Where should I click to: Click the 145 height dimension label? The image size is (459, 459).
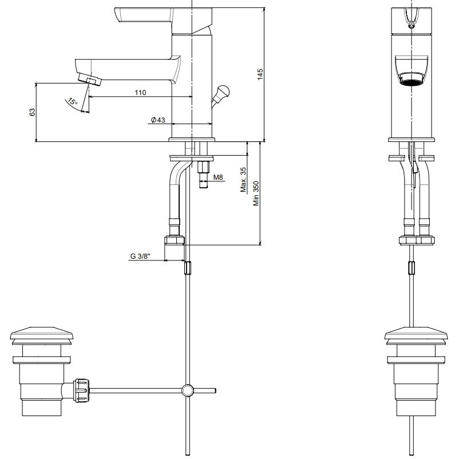[x=260, y=74]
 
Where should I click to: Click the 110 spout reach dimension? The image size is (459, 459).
[x=140, y=93]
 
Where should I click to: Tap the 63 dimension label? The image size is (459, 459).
[x=32, y=112]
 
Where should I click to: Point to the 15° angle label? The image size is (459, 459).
[x=72, y=102]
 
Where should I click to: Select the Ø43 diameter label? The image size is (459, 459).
[x=158, y=120]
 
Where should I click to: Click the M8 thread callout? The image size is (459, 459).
[x=218, y=177]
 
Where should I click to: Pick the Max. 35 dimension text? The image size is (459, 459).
[x=243, y=180]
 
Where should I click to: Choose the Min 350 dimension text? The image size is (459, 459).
[x=256, y=193]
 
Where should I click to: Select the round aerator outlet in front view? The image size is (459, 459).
[x=411, y=79]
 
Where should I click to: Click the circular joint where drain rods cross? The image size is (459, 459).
[x=187, y=390]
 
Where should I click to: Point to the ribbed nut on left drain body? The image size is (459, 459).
[x=82, y=390]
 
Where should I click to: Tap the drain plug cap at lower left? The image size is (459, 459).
[x=42, y=334]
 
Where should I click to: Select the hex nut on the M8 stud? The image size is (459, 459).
[x=203, y=167]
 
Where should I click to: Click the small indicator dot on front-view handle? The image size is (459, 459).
[x=411, y=26]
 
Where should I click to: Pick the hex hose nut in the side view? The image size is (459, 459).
[x=175, y=240]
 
